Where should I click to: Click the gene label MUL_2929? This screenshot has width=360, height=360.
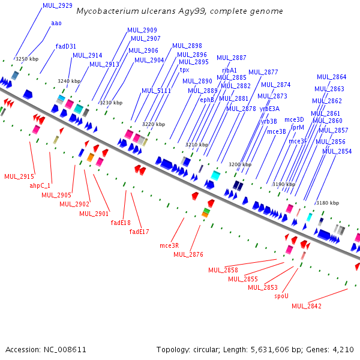pos(58,5)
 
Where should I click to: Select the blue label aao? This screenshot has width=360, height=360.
pos(56,23)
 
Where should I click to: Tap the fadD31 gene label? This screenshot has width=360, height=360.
pos(66,46)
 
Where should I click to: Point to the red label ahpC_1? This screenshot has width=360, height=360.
pos(40,186)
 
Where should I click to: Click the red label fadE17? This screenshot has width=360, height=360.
pos(139,232)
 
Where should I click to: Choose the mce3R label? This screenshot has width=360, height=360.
pos(169,245)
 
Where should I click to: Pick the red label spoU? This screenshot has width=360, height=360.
pos(281,296)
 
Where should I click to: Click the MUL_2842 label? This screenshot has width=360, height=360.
pos(307,306)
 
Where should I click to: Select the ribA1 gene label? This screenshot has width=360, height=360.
pos(230,70)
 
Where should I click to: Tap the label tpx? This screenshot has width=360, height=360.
pos(185,70)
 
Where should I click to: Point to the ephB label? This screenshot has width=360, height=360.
pos(207,100)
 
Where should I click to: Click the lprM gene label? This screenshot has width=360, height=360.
pos(298,127)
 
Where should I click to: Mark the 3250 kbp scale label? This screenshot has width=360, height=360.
pos(27,59)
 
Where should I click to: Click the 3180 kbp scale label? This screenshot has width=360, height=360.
pos(328,203)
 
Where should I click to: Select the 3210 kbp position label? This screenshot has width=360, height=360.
pos(197,145)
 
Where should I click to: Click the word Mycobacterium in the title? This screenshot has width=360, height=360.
pos(110,11)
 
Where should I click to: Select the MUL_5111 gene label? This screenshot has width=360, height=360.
pos(156,91)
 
